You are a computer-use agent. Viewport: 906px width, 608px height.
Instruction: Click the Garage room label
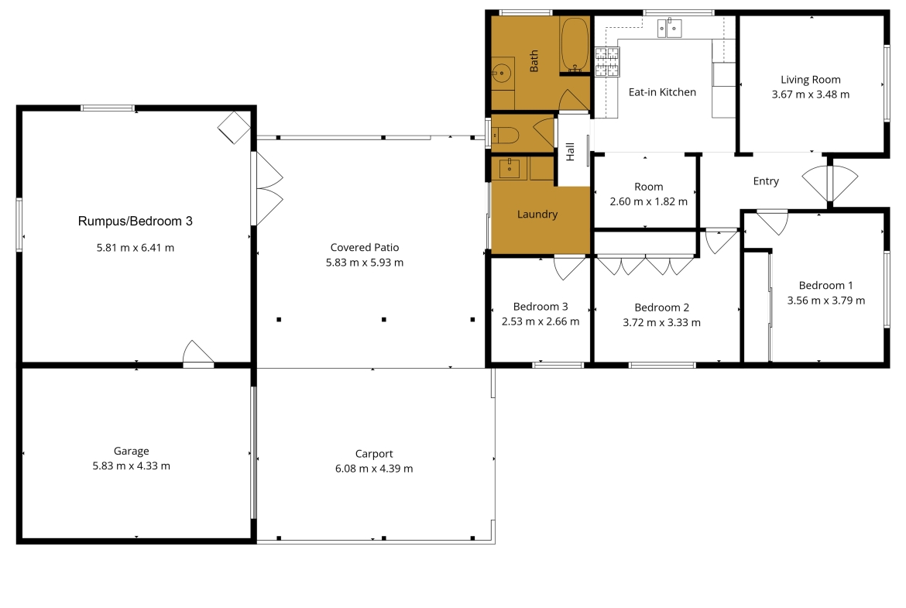click(131, 451)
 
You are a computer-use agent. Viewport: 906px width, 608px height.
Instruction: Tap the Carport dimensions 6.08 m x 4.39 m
click(374, 468)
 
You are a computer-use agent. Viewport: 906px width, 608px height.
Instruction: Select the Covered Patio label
click(365, 247)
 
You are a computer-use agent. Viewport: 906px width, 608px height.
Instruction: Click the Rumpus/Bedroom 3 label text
click(136, 221)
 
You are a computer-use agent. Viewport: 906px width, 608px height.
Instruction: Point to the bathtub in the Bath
click(575, 45)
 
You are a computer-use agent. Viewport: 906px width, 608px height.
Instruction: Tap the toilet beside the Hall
click(505, 136)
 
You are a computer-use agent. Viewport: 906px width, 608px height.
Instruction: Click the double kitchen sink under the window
click(669, 28)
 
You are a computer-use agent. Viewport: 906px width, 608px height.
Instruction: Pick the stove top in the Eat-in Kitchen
click(607, 62)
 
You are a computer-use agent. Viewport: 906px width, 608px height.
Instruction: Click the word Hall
click(570, 152)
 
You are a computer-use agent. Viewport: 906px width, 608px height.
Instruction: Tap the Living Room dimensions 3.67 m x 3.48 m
click(811, 94)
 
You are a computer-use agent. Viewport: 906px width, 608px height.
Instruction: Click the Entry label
click(766, 181)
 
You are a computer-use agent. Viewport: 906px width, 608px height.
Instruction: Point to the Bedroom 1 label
click(826, 285)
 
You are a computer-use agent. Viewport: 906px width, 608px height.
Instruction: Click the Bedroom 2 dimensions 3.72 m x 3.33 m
click(661, 322)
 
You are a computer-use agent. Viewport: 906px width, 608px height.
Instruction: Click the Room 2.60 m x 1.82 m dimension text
click(649, 201)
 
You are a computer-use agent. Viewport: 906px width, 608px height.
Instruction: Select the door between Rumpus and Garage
click(198, 354)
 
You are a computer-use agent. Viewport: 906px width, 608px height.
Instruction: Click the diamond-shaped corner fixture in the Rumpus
click(234, 127)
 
